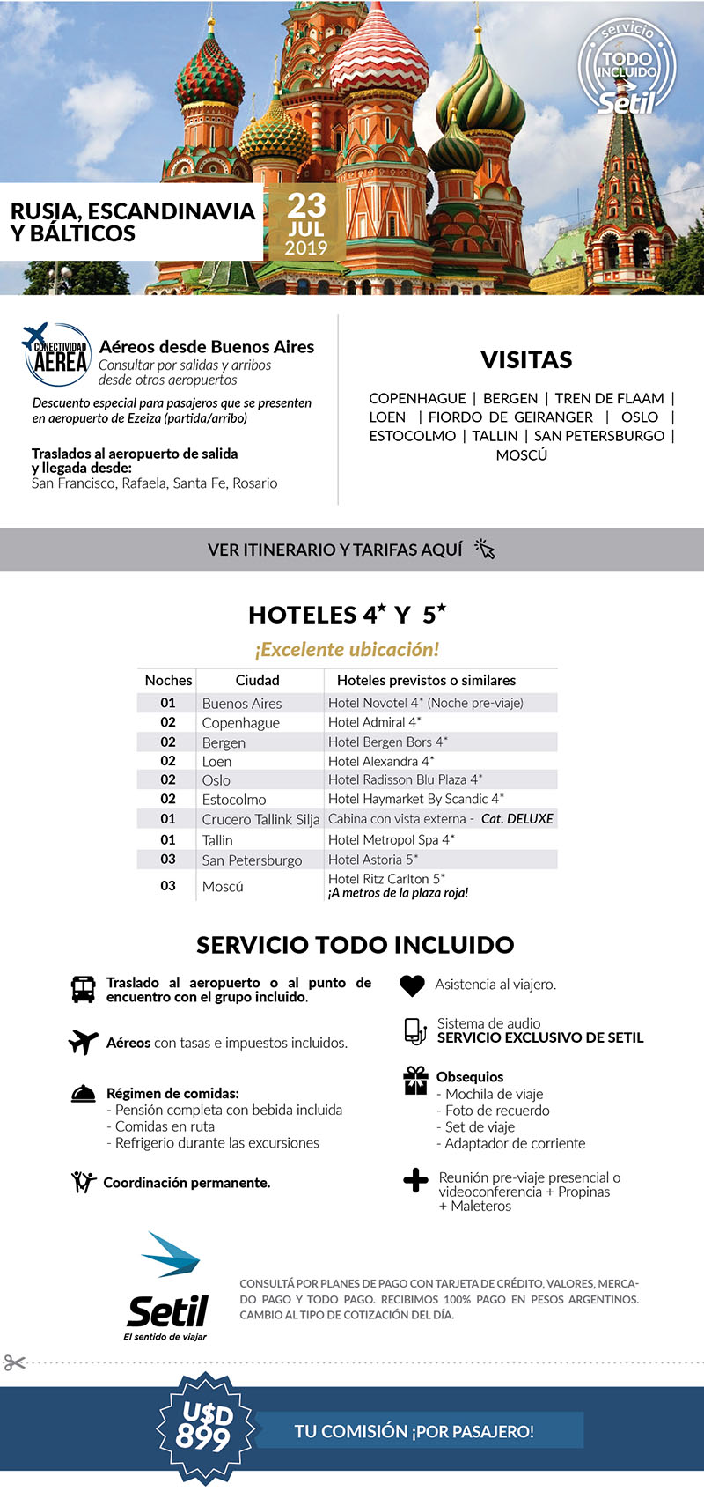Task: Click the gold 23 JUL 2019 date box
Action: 305,223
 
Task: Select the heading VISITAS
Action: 526,359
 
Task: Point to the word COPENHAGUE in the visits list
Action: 417,398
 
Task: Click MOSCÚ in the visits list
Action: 521,455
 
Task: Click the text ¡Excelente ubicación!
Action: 347,650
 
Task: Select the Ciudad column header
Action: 257,680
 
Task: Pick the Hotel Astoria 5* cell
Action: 373,860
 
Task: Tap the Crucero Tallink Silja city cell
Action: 260,819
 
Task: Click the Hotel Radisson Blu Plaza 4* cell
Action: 405,779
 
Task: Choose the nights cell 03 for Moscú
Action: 168,886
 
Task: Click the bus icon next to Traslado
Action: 83,989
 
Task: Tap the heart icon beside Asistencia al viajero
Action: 412,985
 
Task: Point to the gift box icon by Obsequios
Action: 415,1081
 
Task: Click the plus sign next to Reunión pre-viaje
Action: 415,1180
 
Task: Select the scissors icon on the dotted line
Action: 14,1362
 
